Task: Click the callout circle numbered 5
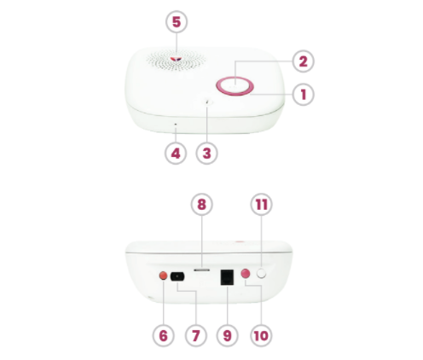pyautogui.click(x=177, y=22)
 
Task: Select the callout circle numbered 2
pyautogui.click(x=304, y=61)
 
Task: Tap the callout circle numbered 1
pyautogui.click(x=304, y=95)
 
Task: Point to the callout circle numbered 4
pyautogui.click(x=176, y=154)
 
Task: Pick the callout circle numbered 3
pyautogui.click(x=207, y=154)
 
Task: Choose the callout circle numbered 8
pyautogui.click(x=201, y=205)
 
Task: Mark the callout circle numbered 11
pyautogui.click(x=262, y=205)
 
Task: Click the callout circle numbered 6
pyautogui.click(x=164, y=335)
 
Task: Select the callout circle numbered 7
pyautogui.click(x=196, y=335)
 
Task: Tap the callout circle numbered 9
pyautogui.click(x=228, y=335)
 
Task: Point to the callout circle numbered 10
pyautogui.click(x=261, y=335)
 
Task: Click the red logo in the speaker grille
pyautogui.click(x=177, y=59)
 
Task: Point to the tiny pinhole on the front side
pyautogui.click(x=176, y=125)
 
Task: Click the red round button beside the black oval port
pyautogui.click(x=163, y=276)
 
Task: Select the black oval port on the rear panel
pyautogui.click(x=177, y=276)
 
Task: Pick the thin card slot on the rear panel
pyautogui.click(x=202, y=270)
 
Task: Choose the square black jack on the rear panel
pyautogui.click(x=227, y=277)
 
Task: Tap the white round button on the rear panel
pyautogui.click(x=262, y=274)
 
